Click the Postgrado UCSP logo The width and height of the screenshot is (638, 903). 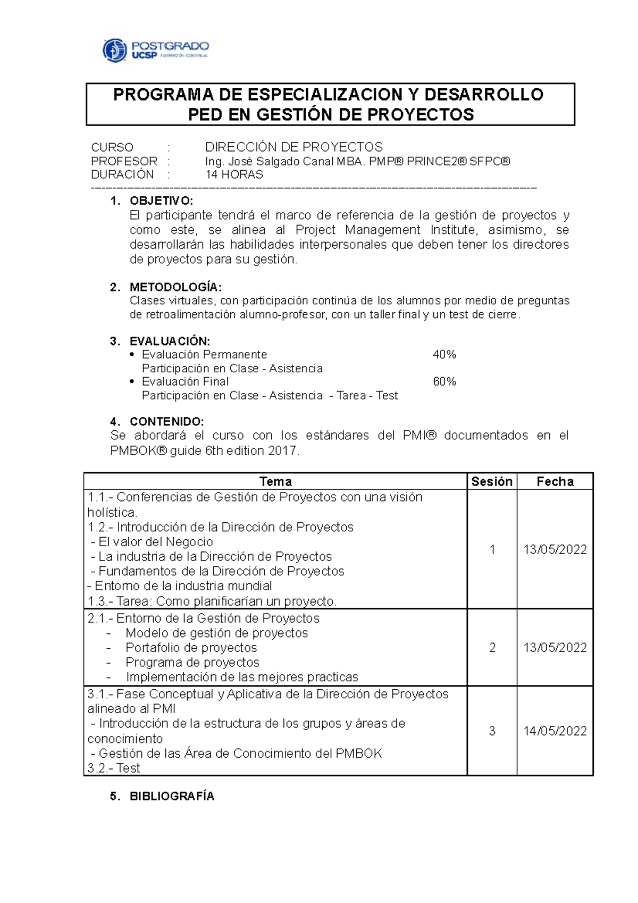click(155, 51)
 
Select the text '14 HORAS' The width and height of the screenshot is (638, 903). click(234, 175)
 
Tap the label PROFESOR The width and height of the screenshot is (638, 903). click(124, 161)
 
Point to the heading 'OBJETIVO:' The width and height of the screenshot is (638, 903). click(161, 201)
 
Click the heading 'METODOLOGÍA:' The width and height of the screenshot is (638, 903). click(175, 287)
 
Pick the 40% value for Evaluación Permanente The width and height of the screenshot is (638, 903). click(444, 355)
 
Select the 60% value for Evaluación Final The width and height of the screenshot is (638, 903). click(444, 382)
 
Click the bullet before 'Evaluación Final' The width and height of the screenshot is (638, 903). click(132, 382)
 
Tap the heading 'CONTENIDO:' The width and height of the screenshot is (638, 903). click(166, 422)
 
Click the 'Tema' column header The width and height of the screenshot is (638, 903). click(275, 482)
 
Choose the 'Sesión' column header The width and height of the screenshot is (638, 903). click(492, 482)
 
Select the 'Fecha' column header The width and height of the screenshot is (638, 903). click(555, 482)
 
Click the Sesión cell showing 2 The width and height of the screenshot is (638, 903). click(492, 648)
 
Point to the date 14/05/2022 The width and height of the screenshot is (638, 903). click(555, 731)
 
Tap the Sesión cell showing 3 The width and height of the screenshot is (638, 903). click(492, 731)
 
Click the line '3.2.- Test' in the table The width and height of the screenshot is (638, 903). click(114, 768)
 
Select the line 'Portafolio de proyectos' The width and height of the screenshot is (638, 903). click(191, 648)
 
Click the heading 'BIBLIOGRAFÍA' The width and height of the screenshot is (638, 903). click(172, 797)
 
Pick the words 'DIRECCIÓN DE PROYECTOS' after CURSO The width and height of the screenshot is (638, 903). click(294, 147)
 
